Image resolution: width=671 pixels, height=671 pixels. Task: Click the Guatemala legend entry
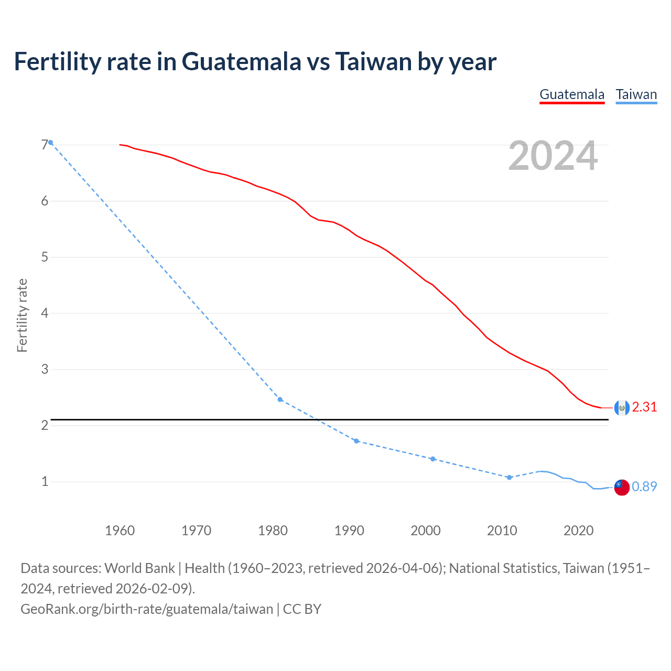tap(572, 94)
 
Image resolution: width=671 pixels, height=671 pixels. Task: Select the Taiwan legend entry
tap(636, 94)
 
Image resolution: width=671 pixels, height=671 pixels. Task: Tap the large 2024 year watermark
tap(553, 156)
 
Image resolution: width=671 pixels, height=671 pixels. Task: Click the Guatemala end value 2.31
tap(644, 407)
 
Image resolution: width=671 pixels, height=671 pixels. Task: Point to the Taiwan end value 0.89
tap(644, 487)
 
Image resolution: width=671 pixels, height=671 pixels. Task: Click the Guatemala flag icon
tap(621, 408)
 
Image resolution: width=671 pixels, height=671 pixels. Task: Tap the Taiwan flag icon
tap(621, 488)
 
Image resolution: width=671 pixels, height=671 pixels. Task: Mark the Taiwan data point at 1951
tap(50, 143)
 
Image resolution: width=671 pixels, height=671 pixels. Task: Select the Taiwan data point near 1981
tap(280, 399)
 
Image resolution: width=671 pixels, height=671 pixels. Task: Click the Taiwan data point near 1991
tap(356, 441)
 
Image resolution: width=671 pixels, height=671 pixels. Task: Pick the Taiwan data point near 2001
tap(432, 459)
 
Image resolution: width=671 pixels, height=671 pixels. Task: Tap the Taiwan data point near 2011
tap(509, 478)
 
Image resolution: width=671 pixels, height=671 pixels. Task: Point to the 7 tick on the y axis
tap(45, 145)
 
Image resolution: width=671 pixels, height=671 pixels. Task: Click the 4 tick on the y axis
tap(45, 313)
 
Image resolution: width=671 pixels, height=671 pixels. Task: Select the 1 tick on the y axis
tap(45, 481)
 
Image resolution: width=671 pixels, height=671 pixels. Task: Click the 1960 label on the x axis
tap(120, 531)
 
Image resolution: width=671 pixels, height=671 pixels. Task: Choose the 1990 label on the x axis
tap(349, 531)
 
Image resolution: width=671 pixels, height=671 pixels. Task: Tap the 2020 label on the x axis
tap(578, 531)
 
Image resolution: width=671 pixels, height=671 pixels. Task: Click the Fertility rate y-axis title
tap(22, 316)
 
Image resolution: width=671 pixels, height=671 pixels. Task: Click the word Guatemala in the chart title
tap(241, 62)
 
